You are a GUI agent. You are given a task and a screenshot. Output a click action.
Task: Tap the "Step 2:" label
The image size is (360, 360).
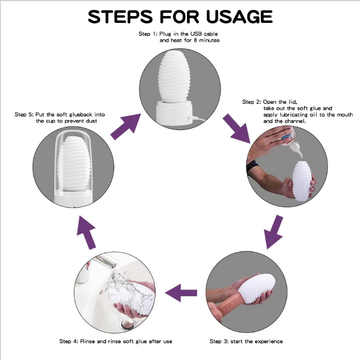(251, 102)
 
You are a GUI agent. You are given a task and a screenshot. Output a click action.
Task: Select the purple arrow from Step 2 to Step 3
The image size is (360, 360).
(273, 233)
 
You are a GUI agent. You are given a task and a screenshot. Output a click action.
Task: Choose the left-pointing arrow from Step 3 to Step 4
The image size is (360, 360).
(181, 293)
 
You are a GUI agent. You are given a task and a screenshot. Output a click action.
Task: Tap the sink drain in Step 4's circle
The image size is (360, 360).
(127, 322)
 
